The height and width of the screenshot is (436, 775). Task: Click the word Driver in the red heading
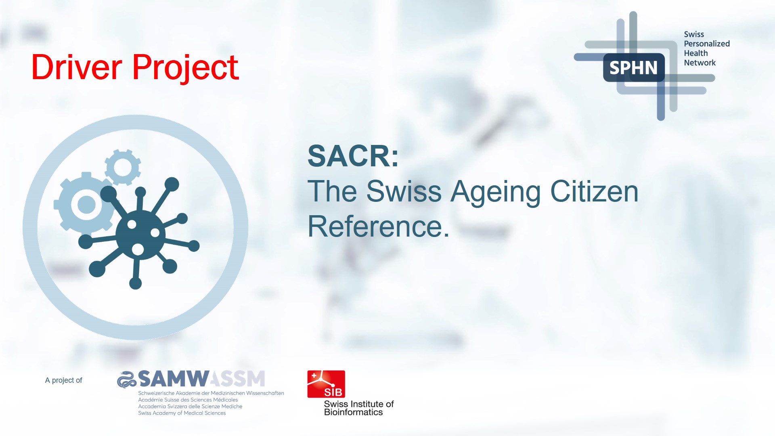point(77,67)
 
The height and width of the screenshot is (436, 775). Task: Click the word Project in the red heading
point(185,68)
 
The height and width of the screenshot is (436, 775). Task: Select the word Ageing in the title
point(496,192)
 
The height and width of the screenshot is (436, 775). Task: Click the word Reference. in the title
point(378,226)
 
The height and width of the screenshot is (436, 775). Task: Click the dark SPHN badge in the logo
point(633,67)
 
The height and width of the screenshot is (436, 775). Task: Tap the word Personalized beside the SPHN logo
point(706,44)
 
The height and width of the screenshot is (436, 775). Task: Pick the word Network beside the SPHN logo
point(700,63)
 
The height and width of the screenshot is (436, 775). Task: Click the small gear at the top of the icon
point(123,167)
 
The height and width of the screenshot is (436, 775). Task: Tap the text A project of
point(63,380)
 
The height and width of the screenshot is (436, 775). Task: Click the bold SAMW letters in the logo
point(173,379)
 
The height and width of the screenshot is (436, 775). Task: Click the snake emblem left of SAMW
point(127,379)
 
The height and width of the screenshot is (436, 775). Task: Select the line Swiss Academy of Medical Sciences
point(182,413)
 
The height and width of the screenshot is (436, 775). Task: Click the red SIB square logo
point(326,384)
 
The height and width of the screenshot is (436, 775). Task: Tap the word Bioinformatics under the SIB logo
point(353,412)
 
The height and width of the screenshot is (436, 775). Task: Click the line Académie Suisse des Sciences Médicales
point(188,400)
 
